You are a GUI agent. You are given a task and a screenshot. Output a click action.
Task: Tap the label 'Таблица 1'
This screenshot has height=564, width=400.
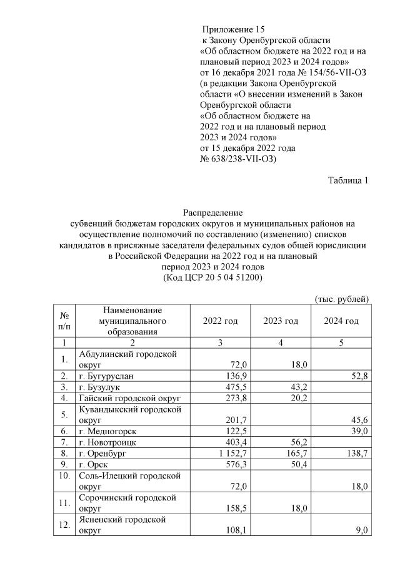pyautogui.click(x=348, y=180)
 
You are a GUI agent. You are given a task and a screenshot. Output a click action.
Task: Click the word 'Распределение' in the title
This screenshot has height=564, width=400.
pyautogui.click(x=212, y=213)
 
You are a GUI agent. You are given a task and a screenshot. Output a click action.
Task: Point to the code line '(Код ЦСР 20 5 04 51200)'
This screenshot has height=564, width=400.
pyautogui.click(x=212, y=276)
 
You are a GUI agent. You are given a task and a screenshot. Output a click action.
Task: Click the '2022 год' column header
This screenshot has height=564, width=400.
pyautogui.click(x=221, y=321)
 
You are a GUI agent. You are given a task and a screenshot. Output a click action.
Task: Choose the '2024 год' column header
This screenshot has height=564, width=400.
pyautogui.click(x=341, y=321)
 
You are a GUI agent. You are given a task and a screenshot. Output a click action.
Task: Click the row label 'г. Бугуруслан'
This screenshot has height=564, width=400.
pyautogui.click(x=106, y=376)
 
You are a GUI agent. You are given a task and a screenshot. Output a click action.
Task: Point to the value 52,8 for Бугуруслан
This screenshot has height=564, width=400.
pyautogui.click(x=356, y=376)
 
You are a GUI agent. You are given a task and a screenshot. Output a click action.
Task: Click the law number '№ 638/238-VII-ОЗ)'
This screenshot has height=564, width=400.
pyautogui.click(x=238, y=159)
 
